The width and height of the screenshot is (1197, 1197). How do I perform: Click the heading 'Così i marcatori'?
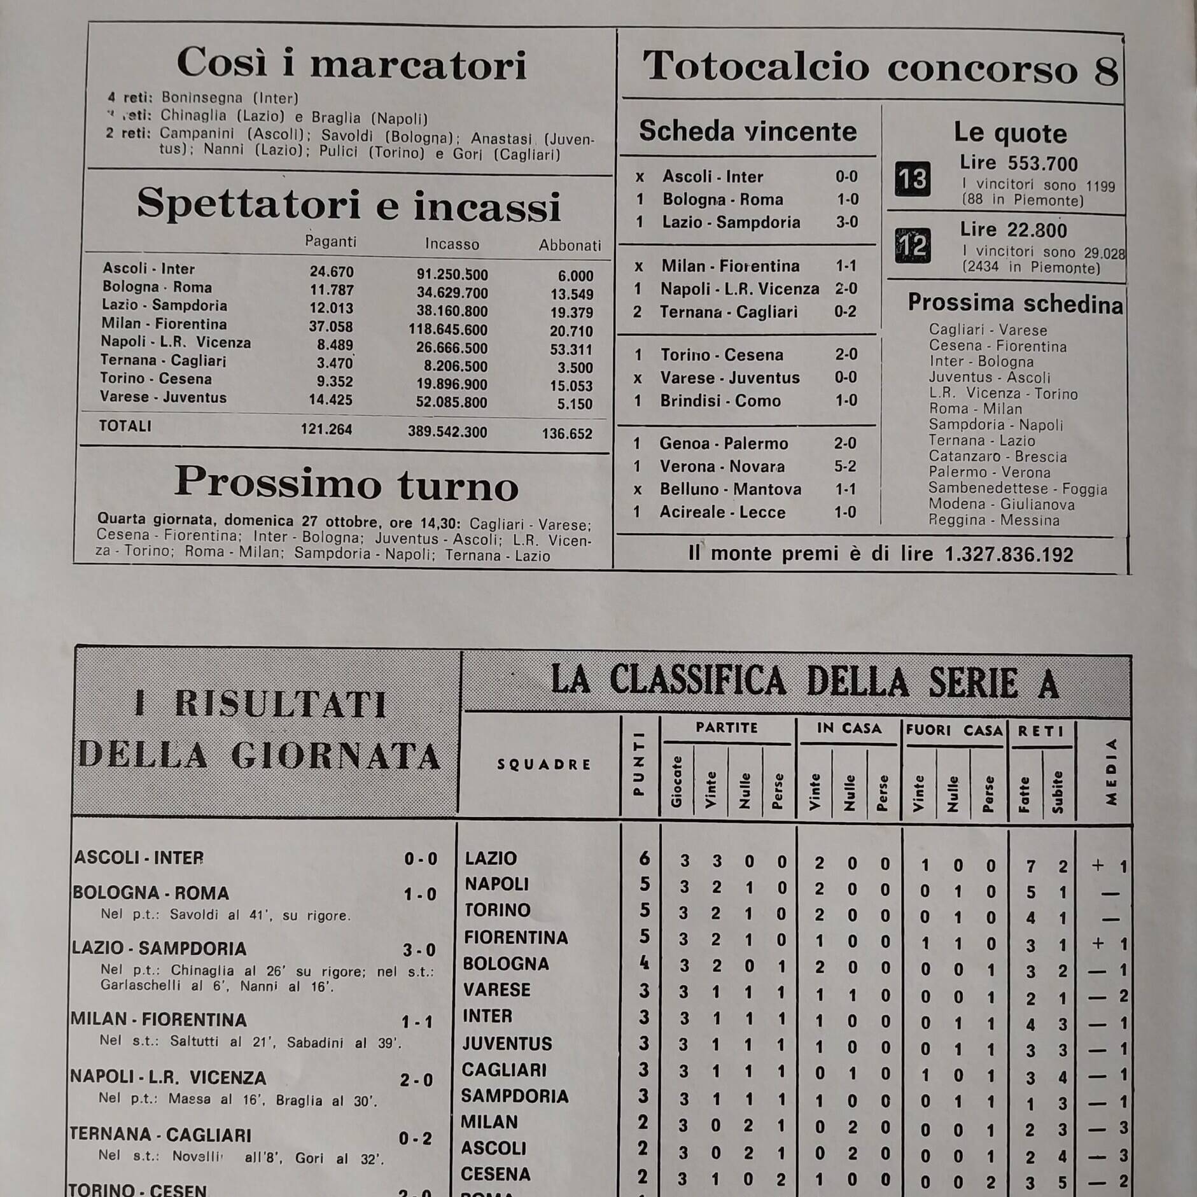tap(351, 64)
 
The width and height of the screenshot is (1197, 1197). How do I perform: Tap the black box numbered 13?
tap(913, 179)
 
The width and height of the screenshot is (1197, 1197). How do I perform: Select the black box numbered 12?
tap(913, 245)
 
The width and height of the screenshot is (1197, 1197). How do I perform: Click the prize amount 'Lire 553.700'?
tap(1019, 164)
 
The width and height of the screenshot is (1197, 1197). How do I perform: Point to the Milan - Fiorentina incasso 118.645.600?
tap(448, 330)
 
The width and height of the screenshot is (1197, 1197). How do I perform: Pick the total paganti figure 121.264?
tap(326, 430)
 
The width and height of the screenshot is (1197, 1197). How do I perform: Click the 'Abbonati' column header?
tap(570, 246)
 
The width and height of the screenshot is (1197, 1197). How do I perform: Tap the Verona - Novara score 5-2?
tap(845, 466)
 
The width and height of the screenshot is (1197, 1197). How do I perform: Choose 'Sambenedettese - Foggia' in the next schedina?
tap(1018, 489)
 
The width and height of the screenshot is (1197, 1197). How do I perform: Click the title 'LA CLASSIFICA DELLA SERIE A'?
tap(804, 682)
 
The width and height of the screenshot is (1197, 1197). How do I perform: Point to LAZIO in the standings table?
tap(491, 858)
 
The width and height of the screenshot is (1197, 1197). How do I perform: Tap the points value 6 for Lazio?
tap(644, 858)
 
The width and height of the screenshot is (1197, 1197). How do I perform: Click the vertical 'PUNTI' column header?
tap(640, 764)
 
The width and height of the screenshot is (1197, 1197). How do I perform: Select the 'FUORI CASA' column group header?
tap(954, 730)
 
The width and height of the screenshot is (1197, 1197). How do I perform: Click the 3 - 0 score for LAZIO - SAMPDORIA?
tap(419, 950)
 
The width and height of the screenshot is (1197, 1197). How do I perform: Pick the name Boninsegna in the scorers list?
tap(202, 97)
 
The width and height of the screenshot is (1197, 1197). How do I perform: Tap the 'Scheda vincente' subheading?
tap(748, 131)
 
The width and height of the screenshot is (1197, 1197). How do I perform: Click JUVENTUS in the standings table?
tap(507, 1044)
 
